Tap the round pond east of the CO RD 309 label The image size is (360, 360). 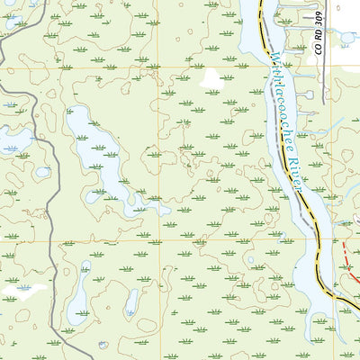pyautogui.click(x=346, y=39)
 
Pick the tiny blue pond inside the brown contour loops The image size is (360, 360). pyautogui.click(x=43, y=172)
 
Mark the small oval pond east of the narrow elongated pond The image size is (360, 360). pyautogui.click(x=132, y=301)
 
